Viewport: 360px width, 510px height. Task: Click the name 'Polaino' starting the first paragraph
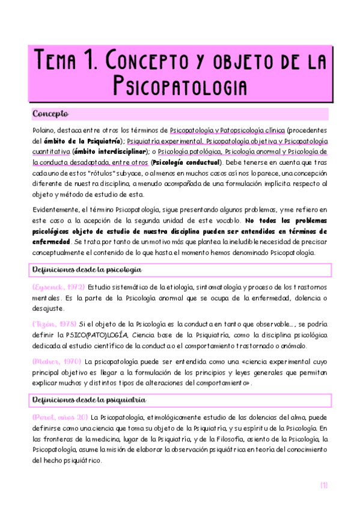42,130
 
